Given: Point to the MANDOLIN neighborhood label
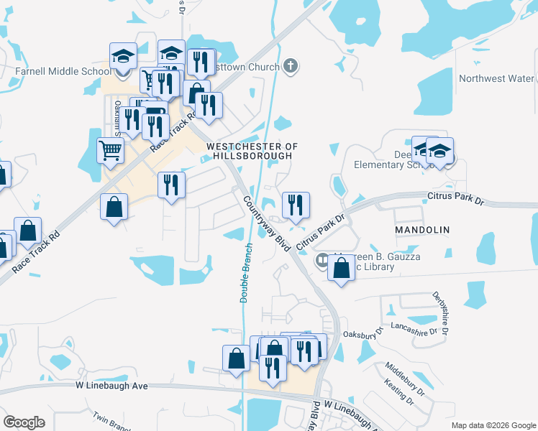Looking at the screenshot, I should tap(422, 230).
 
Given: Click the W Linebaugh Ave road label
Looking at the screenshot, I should tap(111, 386).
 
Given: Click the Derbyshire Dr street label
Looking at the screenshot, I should tap(441, 312).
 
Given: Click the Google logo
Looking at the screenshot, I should tap(24, 422).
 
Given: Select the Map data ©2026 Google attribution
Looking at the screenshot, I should tap(493, 425).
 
